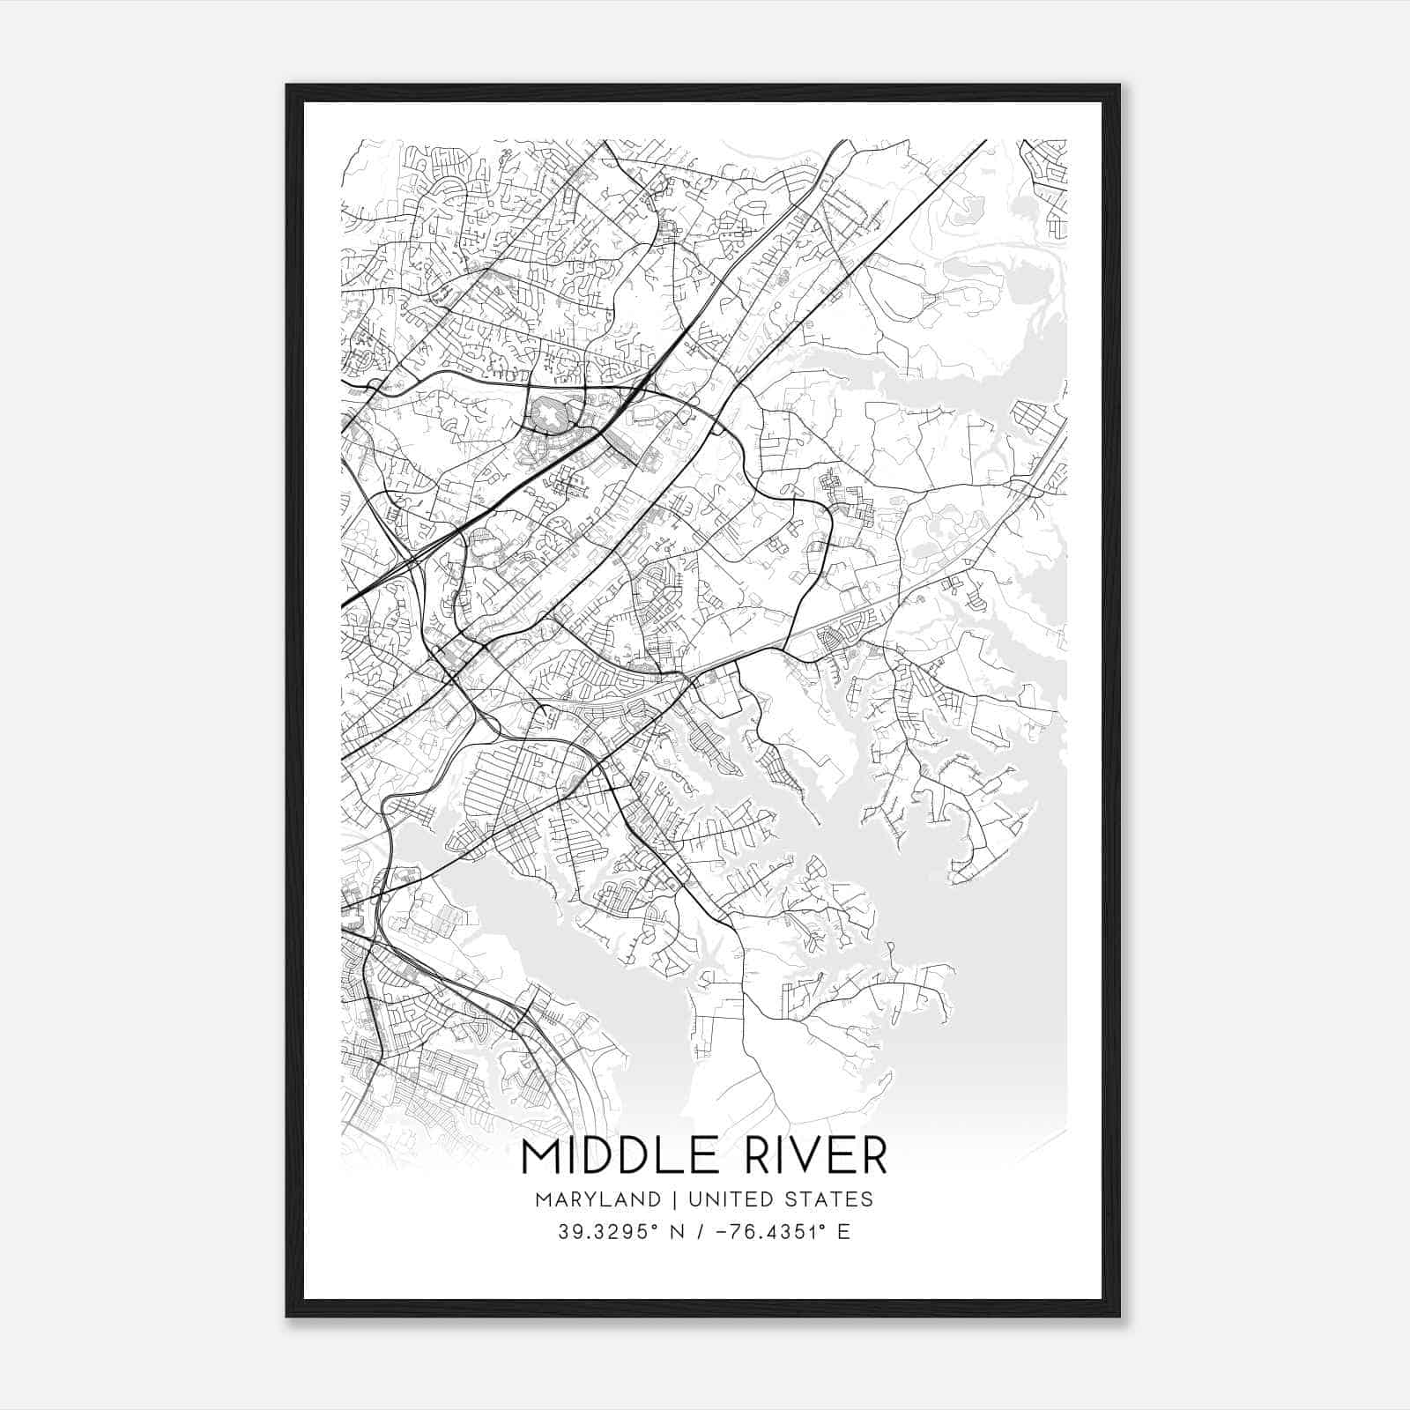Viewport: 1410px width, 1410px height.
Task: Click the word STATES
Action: pos(831,1199)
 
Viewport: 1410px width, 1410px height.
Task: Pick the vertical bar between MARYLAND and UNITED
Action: pos(675,1199)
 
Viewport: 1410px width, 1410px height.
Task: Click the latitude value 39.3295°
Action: pos(607,1232)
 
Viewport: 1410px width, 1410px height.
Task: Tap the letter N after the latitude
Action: pos(676,1232)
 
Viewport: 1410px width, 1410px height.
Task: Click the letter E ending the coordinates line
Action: pos(844,1232)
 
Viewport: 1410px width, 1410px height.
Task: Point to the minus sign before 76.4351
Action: pos(724,1232)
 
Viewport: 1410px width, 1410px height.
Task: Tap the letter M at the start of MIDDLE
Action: pos(538,1156)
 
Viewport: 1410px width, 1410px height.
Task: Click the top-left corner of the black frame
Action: pos(287,85)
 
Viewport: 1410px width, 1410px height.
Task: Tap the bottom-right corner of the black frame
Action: pos(1119,1317)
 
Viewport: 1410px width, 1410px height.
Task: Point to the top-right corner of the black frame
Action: pos(1119,85)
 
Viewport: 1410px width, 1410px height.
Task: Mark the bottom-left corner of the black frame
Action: pos(287,1317)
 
